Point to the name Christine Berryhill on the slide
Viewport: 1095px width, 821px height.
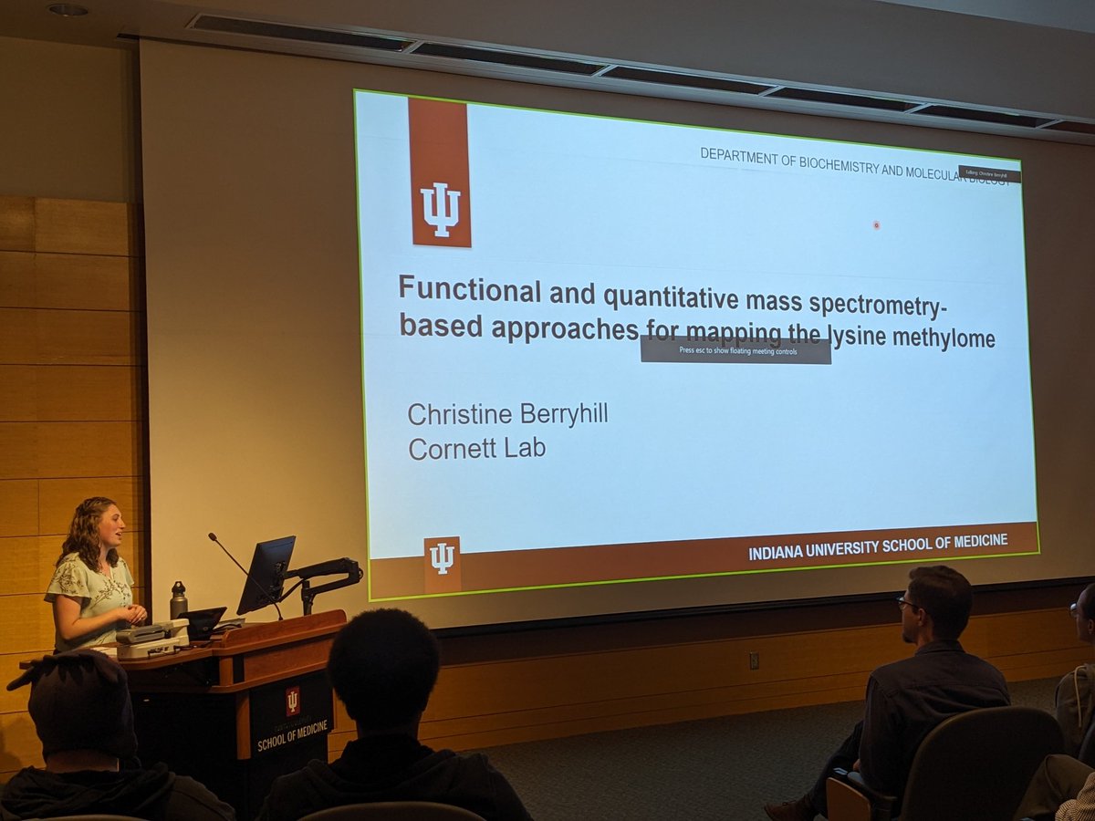[x=507, y=413]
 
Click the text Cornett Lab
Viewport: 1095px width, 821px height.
[x=476, y=449]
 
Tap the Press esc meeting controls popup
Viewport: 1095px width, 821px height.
[x=735, y=349]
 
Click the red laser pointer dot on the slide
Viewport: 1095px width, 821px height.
[x=876, y=224]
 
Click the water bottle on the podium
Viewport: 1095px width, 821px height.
[x=178, y=601]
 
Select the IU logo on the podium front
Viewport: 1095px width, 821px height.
[x=292, y=700]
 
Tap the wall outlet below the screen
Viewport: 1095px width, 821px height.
[x=754, y=660]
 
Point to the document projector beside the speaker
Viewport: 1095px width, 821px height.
[x=151, y=638]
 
